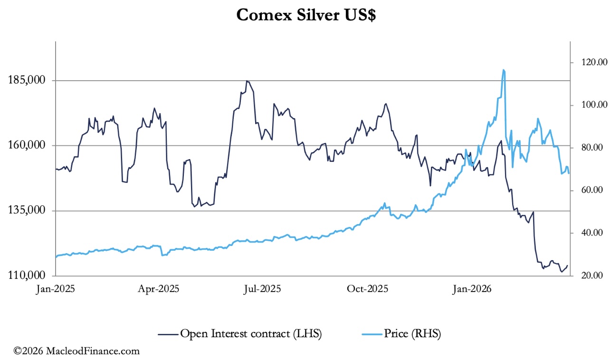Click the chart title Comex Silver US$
coord(306,15)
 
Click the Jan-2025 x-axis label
coord(56,289)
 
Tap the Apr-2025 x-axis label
coord(159,289)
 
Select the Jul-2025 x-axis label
coord(262,289)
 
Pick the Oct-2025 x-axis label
coord(368,289)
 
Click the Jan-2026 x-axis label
coord(472,289)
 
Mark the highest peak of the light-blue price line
coord(503,70)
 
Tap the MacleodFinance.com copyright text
coord(77,351)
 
